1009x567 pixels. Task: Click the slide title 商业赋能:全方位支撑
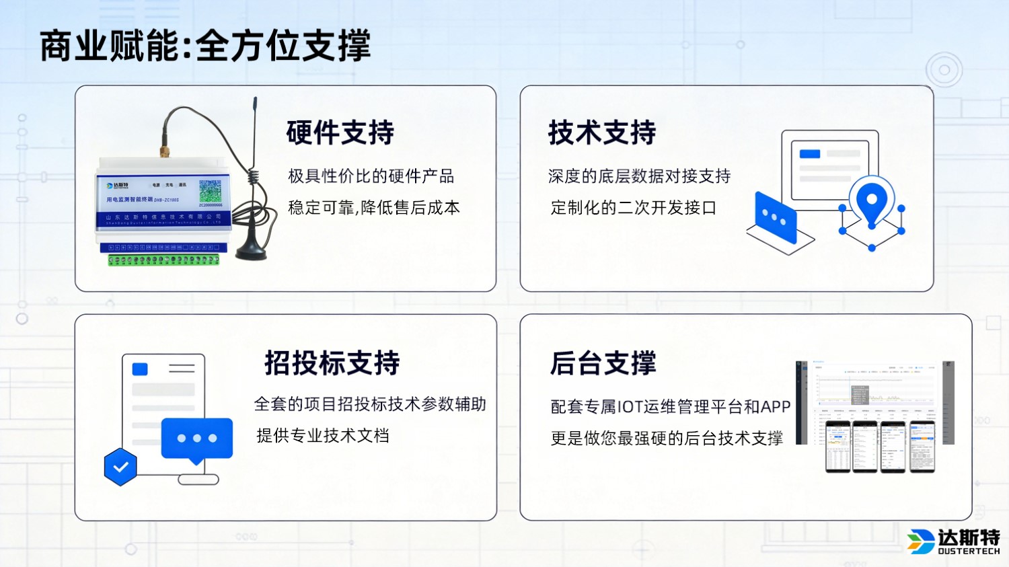tap(205, 46)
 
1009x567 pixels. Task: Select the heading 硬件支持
tap(340, 133)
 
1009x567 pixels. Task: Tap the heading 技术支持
tap(601, 133)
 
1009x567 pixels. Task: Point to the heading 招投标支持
tap(332, 363)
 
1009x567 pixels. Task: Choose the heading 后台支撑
tap(603, 363)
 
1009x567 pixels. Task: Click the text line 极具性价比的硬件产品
tap(371, 176)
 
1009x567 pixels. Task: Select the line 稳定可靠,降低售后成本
tap(374, 208)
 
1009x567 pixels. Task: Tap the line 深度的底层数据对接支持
tap(639, 176)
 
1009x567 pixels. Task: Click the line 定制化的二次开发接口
tap(633, 208)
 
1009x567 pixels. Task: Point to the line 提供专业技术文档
tap(323, 436)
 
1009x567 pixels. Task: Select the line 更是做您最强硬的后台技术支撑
tap(667, 439)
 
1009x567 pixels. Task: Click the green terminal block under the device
tap(163, 260)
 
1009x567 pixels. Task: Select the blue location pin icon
tap(872, 200)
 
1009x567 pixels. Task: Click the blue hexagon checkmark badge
tap(120, 467)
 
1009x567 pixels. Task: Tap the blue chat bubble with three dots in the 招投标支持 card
tap(196, 439)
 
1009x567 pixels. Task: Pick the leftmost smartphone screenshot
tap(837, 447)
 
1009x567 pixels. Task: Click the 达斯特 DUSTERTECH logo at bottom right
tap(953, 541)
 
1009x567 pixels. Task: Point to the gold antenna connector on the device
tap(163, 149)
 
